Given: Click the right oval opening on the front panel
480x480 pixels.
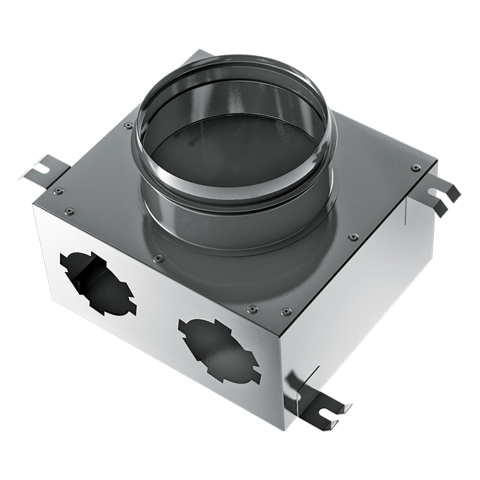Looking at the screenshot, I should point(220,350).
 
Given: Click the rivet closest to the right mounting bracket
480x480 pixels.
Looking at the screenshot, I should point(416,167).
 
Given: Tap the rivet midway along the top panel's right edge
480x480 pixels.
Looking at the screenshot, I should point(354,237).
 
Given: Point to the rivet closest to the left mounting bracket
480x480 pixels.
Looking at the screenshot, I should point(58,191).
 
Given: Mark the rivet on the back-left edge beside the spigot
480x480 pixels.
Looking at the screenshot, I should point(128,125).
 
